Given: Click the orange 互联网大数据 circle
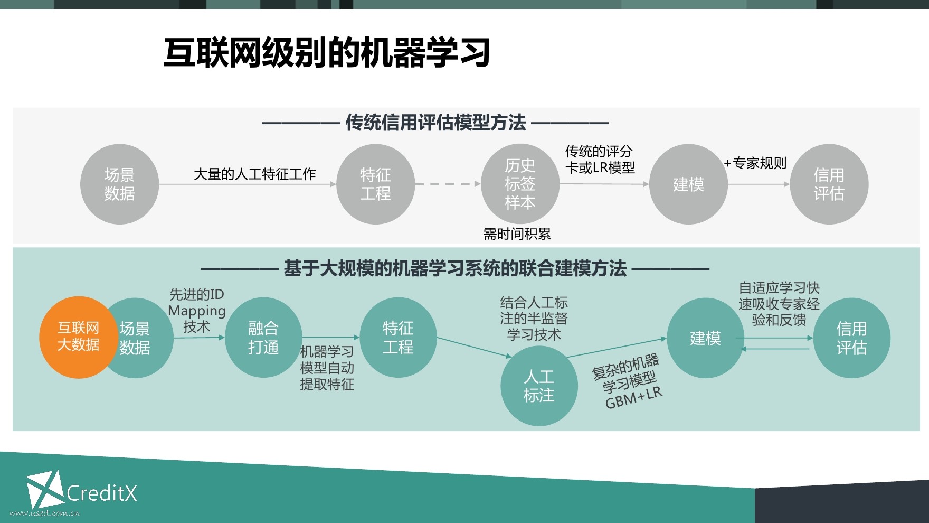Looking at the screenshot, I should pos(78,337).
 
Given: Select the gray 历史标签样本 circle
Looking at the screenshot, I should pos(520,184).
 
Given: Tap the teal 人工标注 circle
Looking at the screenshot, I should pos(539,386).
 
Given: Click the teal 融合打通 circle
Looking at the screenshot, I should pos(263,338).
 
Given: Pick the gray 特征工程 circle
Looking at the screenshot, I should pos(375,184).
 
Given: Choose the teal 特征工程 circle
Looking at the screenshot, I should pos(398,338).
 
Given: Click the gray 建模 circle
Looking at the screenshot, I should pos(688,184).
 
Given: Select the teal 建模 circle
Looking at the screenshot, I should pos(705,338).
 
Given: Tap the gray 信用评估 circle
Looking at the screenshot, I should pos(829,184).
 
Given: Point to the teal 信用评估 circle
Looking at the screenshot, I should pos(851,338).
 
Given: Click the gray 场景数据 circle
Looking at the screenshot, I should pos(119,184).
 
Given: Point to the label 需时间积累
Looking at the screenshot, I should pos(517,234).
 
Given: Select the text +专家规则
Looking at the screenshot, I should pos(755,163).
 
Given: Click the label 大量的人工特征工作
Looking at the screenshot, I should pos(254,174).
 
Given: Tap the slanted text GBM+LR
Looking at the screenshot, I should pos(633,397).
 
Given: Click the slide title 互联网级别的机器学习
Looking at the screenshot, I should pos(327,53).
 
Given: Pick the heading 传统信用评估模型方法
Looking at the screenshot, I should pos(435,123).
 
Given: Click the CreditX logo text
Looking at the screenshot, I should pos(102,493).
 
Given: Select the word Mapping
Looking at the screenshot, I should pos(197,311).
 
